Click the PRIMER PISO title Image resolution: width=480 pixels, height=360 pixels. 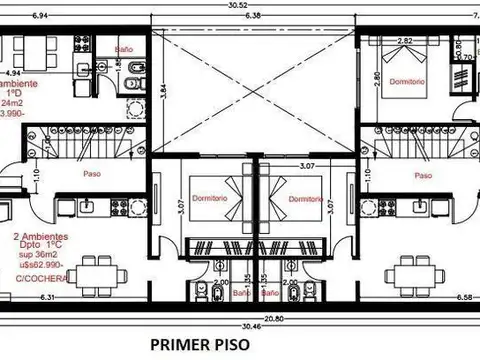(199, 345)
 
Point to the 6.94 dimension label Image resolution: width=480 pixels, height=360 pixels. (40, 16)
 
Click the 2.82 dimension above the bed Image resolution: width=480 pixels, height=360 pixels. (406, 41)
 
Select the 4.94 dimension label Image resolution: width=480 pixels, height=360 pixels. (13, 73)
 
